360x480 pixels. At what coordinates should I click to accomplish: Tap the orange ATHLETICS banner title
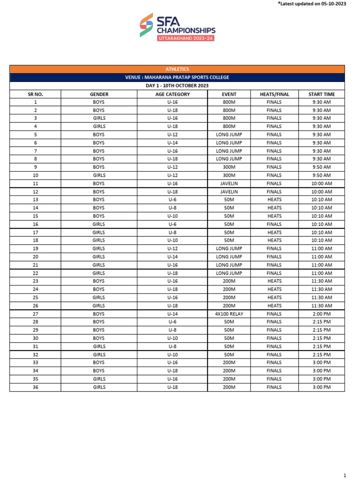[x=177, y=69]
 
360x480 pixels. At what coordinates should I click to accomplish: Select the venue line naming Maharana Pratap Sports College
[x=177, y=77]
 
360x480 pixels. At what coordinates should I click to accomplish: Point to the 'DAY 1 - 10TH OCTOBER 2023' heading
[x=177, y=86]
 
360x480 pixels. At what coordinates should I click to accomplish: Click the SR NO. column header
[x=36, y=94]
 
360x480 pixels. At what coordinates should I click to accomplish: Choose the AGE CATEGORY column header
[x=172, y=94]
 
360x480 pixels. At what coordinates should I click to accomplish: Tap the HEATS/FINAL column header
[x=274, y=94]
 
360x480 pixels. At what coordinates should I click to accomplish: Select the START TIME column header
[x=322, y=94]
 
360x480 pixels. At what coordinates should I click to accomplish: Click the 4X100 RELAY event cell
[x=229, y=314]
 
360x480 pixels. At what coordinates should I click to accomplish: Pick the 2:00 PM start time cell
[x=322, y=314]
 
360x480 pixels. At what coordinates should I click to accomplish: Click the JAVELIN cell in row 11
[x=229, y=184]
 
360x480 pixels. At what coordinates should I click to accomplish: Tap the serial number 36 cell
[x=36, y=387]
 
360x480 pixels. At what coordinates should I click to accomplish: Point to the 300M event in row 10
[x=229, y=175]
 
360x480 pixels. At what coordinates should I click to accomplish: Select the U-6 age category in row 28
[x=172, y=322]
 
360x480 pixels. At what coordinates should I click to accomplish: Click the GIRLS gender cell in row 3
[x=99, y=119]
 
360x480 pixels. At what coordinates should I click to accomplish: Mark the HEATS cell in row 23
[x=274, y=281]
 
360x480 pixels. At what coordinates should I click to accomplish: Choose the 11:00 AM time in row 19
[x=322, y=249]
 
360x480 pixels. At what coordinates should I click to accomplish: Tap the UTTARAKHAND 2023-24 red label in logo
[x=186, y=37]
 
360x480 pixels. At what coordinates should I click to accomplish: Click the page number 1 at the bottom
[x=345, y=474]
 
